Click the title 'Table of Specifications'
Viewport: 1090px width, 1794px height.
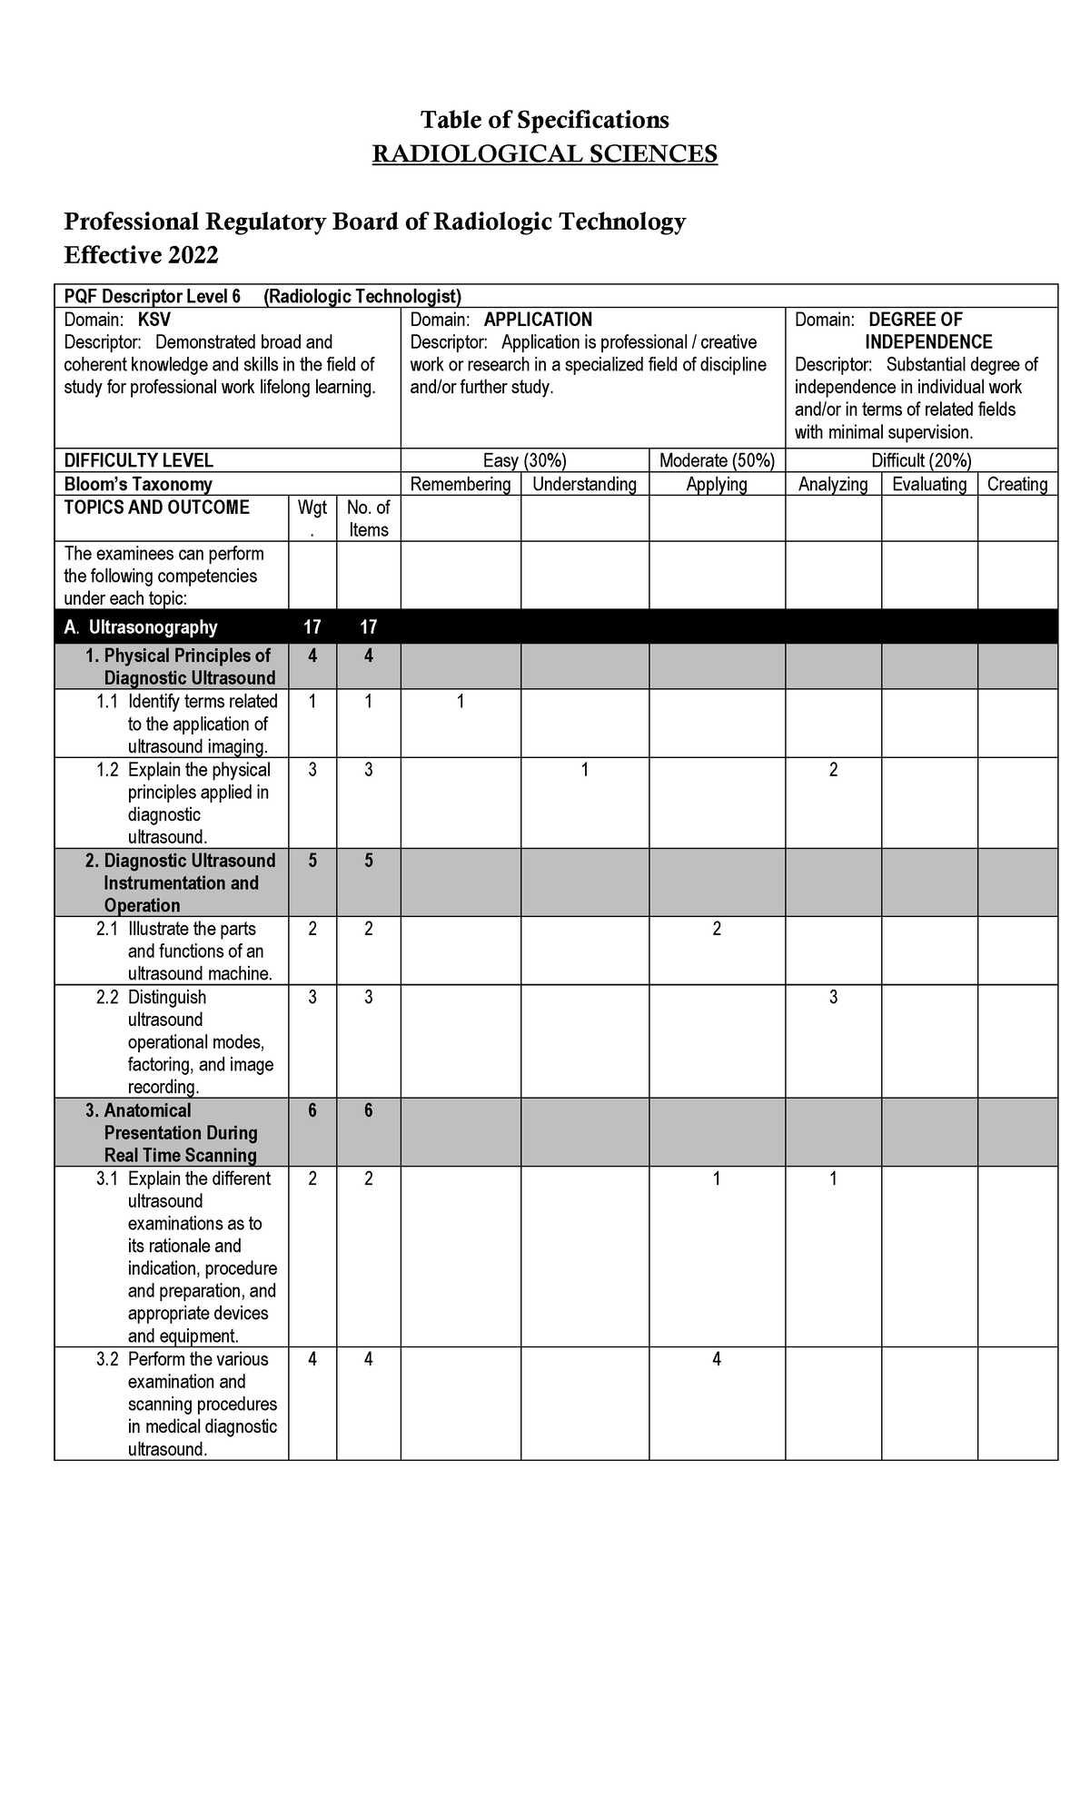click(x=544, y=120)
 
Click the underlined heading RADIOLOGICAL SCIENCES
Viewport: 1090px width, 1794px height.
click(x=544, y=153)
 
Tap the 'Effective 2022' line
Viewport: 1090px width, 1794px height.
click(x=141, y=255)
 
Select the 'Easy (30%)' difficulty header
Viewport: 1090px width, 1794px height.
click(x=524, y=460)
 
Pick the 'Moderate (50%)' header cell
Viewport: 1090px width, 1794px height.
click(x=717, y=460)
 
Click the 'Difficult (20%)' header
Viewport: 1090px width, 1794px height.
click(x=921, y=460)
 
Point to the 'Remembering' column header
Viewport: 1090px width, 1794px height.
click(x=461, y=484)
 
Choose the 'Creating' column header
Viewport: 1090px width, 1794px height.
click(x=1017, y=484)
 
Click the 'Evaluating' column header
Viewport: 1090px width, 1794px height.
click(x=929, y=484)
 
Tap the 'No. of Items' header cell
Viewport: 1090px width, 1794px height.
click(x=368, y=518)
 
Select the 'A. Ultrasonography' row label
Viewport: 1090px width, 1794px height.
click(x=141, y=627)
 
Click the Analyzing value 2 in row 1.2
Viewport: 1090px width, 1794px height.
click(x=833, y=770)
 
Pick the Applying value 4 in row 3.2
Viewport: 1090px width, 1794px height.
click(x=717, y=1359)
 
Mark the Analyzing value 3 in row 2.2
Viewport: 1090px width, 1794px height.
click(x=833, y=997)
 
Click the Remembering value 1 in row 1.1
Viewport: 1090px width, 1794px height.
click(x=461, y=702)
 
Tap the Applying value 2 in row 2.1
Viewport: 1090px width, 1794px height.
click(x=717, y=929)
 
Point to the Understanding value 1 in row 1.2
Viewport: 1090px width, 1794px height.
click(x=585, y=770)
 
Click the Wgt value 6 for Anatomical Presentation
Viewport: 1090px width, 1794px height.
click(x=312, y=1110)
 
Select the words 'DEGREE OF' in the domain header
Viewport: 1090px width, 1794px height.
click(x=915, y=320)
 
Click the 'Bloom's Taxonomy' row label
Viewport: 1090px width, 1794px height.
click(x=138, y=484)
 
